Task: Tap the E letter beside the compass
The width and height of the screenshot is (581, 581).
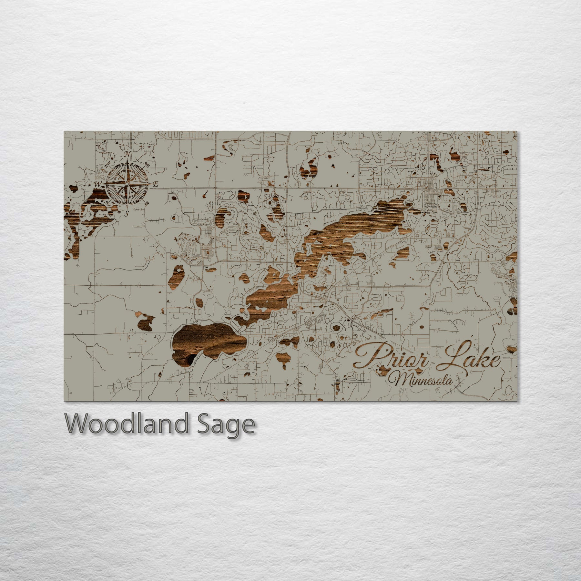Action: [156, 185]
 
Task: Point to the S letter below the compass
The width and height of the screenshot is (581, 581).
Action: [127, 213]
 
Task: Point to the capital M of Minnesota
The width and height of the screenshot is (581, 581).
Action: [398, 380]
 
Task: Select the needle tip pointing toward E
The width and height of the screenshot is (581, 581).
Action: [149, 184]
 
